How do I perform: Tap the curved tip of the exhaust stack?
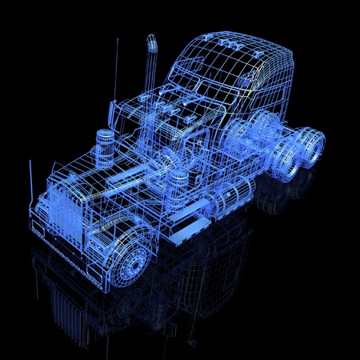(x=150, y=40)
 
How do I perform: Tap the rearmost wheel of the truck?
(x=312, y=148)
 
